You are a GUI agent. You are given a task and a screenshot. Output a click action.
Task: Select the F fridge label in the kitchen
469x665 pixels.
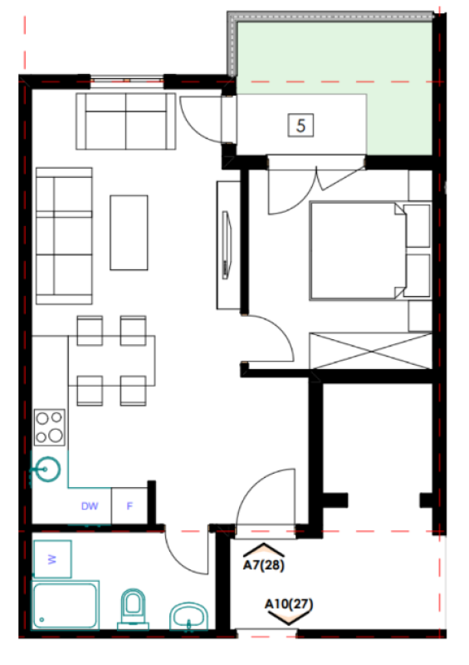pos(129,505)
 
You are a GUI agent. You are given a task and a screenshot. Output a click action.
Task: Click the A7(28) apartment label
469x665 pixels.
pos(263,565)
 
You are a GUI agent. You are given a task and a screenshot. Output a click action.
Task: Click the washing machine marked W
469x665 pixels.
pos(52,559)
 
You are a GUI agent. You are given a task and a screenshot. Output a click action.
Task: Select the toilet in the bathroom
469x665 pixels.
pos(133,607)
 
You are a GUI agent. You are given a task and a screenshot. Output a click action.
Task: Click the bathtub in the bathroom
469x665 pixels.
pos(66,604)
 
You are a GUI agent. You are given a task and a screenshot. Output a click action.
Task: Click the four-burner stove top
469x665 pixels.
pos(50,426)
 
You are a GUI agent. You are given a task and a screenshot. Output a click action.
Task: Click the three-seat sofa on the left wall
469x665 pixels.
pos(61,234)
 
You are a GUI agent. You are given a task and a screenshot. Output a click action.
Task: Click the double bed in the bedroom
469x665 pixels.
pos(357,250)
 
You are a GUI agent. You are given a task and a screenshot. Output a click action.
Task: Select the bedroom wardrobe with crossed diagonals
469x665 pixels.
pos(369,350)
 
